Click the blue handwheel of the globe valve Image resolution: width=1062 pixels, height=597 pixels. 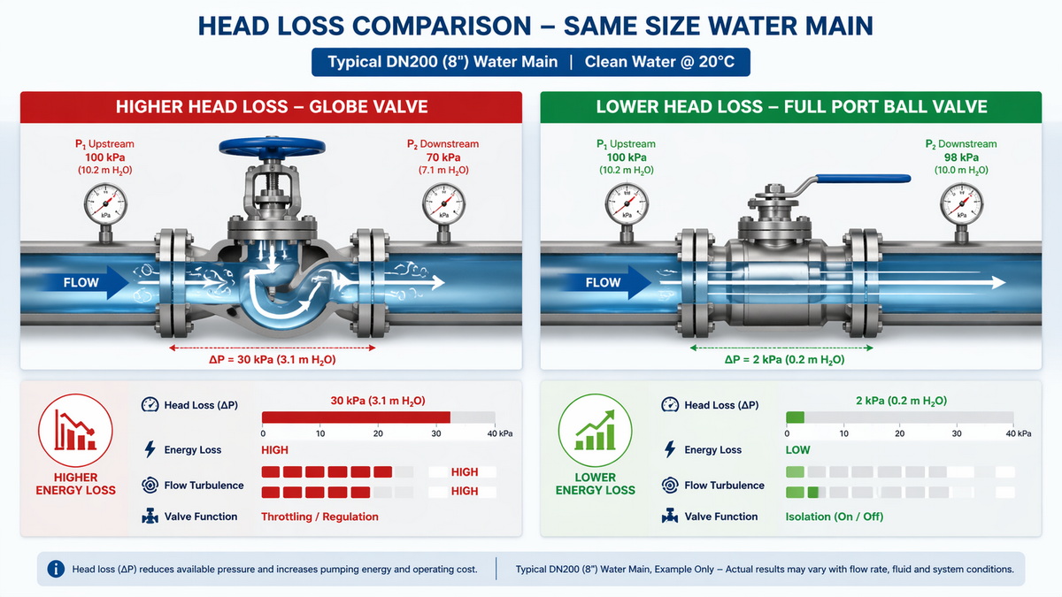[265, 146]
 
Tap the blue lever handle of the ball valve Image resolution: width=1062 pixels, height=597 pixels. [863, 179]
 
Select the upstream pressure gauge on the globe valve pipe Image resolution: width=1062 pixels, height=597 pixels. [105, 206]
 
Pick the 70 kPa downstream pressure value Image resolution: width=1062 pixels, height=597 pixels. [442, 157]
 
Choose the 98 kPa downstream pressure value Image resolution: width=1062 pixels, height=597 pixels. [961, 157]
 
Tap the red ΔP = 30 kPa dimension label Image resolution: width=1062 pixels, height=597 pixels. [271, 360]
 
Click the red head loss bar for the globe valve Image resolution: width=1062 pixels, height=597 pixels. [356, 417]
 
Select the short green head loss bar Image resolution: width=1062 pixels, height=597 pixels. [795, 417]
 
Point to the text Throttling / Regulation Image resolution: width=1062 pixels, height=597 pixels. [319, 517]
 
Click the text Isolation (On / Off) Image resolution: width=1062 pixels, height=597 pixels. [834, 517]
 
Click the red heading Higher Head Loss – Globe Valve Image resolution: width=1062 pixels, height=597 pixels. [272, 107]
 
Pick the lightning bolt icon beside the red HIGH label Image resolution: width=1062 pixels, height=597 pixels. [150, 449]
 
